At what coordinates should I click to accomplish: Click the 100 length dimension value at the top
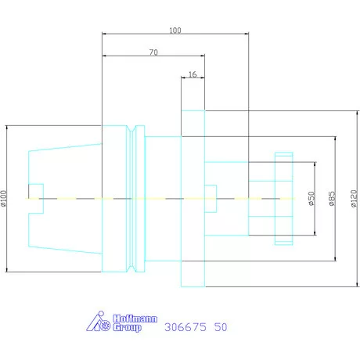pyautogui.click(x=175, y=31)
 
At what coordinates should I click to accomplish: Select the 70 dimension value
pyautogui.click(x=153, y=52)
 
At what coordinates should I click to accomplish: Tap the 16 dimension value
pyautogui.click(x=193, y=74)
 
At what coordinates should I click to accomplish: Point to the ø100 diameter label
pyautogui.click(x=3, y=199)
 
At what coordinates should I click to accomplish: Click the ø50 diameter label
pyautogui.click(x=311, y=199)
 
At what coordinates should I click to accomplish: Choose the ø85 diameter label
pyautogui.click(x=332, y=199)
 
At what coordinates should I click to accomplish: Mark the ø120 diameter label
pyautogui.click(x=354, y=199)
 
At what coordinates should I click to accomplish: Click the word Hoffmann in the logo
pyautogui.click(x=135, y=319)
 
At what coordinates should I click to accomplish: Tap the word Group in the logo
pyautogui.click(x=127, y=327)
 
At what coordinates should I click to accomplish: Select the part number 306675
pyautogui.click(x=185, y=327)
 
